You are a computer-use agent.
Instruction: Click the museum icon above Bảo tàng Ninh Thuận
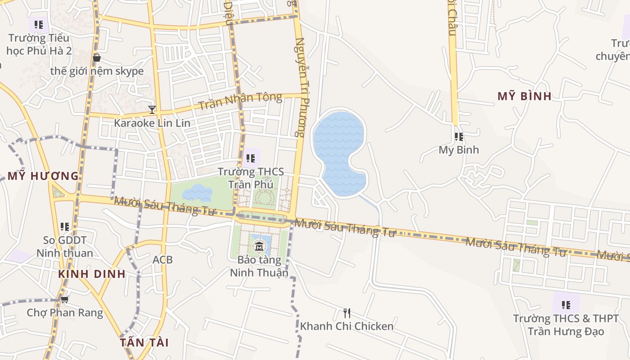(x=259, y=246)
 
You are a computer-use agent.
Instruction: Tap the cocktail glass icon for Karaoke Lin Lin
(x=152, y=109)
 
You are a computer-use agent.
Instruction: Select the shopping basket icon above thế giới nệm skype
(x=96, y=58)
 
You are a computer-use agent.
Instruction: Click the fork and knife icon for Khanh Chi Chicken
(x=346, y=313)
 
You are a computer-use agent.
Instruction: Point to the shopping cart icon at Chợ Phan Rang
(x=64, y=299)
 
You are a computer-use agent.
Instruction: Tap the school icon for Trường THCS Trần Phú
(x=251, y=158)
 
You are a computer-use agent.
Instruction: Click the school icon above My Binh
(x=459, y=136)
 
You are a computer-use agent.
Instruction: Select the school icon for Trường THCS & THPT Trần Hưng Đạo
(x=566, y=305)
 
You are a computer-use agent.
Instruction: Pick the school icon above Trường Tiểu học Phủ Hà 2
(x=39, y=24)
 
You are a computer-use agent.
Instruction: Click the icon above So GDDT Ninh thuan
(x=65, y=226)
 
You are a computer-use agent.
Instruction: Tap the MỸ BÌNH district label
(x=524, y=96)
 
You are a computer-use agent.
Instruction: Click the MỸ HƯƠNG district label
(x=43, y=176)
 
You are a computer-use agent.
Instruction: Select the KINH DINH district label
(x=91, y=274)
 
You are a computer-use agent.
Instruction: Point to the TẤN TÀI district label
(x=144, y=342)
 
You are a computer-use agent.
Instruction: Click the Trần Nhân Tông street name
(x=240, y=101)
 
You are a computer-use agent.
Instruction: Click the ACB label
(x=162, y=260)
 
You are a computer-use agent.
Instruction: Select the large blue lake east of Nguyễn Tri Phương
(x=338, y=144)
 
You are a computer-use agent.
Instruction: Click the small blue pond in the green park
(x=197, y=193)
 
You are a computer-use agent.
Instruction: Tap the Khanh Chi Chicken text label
(x=346, y=326)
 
